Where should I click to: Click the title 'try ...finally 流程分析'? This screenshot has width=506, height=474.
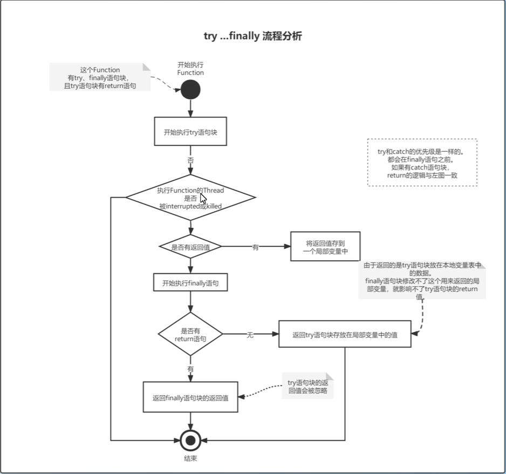pyautogui.click(x=252, y=36)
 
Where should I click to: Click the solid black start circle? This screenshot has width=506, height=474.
pyautogui.click(x=190, y=90)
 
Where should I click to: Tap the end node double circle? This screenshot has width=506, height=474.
pyautogui.click(x=190, y=440)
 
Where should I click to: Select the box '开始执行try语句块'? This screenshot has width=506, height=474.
pyautogui.click(x=190, y=132)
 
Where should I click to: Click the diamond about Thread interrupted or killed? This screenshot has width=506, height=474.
pyautogui.click(x=190, y=198)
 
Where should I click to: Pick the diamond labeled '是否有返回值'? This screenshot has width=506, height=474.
pyautogui.click(x=190, y=247)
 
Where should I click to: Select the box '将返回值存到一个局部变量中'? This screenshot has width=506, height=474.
pyautogui.click(x=325, y=247)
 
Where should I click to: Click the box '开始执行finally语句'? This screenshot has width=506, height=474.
pyautogui.click(x=190, y=282)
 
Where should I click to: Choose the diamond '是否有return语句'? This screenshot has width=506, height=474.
pyautogui.click(x=190, y=334)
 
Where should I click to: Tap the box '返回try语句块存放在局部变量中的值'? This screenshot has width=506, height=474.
pyautogui.click(x=345, y=334)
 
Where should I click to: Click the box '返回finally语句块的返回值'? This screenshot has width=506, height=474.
pyautogui.click(x=190, y=397)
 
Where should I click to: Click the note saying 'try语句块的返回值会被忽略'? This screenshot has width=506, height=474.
pyautogui.click(x=307, y=387)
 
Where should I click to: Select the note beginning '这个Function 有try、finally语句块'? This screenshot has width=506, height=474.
pyautogui.click(x=100, y=77)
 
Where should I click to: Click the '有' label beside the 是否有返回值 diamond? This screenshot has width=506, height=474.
pyautogui.click(x=255, y=247)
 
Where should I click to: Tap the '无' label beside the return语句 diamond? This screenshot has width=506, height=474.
pyautogui.click(x=250, y=335)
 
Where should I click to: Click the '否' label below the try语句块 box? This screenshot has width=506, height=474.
pyautogui.click(x=190, y=160)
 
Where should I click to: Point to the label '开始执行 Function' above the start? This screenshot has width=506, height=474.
pyautogui.click(x=190, y=69)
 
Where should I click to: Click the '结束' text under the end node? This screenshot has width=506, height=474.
pyautogui.click(x=190, y=458)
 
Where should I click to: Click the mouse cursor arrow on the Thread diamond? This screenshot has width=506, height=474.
pyautogui.click(x=203, y=198)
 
